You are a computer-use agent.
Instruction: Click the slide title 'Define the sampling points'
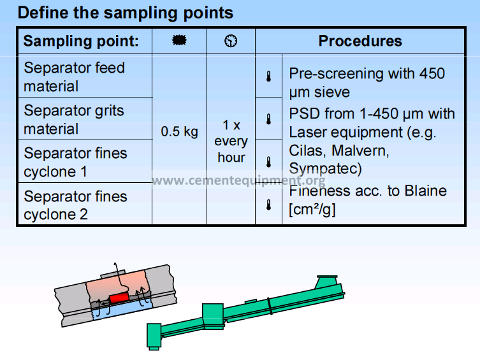pyautogui.click(x=125, y=12)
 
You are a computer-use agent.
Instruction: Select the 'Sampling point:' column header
pyautogui.click(x=81, y=41)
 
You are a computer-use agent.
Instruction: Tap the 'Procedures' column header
pyautogui.click(x=360, y=41)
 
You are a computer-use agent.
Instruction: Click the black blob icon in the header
pyautogui.click(x=179, y=41)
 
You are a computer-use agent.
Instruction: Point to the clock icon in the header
pyautogui.click(x=231, y=41)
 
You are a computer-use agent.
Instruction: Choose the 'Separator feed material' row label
pyautogui.click(x=74, y=76)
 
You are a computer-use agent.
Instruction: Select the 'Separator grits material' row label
pyautogui.click(x=74, y=120)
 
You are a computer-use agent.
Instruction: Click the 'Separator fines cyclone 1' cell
pyautogui.click(x=75, y=162)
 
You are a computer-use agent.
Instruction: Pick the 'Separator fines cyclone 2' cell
pyautogui.click(x=75, y=205)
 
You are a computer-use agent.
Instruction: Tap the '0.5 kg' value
pyautogui.click(x=179, y=132)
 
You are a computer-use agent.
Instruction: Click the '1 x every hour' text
pyautogui.click(x=231, y=141)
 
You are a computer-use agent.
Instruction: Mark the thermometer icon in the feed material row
pyautogui.click(x=268, y=76)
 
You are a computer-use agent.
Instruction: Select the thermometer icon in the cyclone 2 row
pyautogui.click(x=268, y=205)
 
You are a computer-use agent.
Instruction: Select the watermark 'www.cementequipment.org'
pyautogui.click(x=238, y=180)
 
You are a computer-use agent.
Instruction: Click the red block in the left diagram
pyautogui.click(x=119, y=298)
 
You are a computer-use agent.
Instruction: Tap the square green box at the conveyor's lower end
pyautogui.click(x=154, y=334)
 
